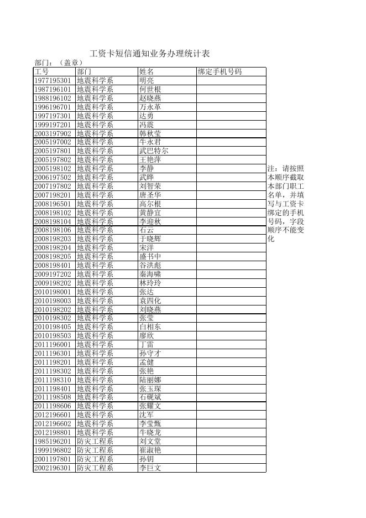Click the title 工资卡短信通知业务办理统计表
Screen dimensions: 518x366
149,54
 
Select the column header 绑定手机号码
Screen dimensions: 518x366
219,72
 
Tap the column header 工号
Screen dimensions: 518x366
42,72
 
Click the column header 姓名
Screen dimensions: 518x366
147,72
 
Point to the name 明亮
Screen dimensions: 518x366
147,81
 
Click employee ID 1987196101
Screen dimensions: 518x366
53,90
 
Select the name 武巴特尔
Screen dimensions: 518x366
154,151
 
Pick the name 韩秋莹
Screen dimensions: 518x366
150,133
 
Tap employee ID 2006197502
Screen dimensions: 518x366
53,178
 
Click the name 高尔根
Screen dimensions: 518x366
150,204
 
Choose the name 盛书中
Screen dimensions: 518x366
150,257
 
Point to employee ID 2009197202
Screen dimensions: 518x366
53,274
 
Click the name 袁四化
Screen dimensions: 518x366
150,301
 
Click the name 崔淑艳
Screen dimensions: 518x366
150,450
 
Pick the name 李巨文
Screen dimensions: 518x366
150,468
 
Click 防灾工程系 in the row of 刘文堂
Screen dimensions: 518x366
95,442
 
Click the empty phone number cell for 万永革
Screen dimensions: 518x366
231,107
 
